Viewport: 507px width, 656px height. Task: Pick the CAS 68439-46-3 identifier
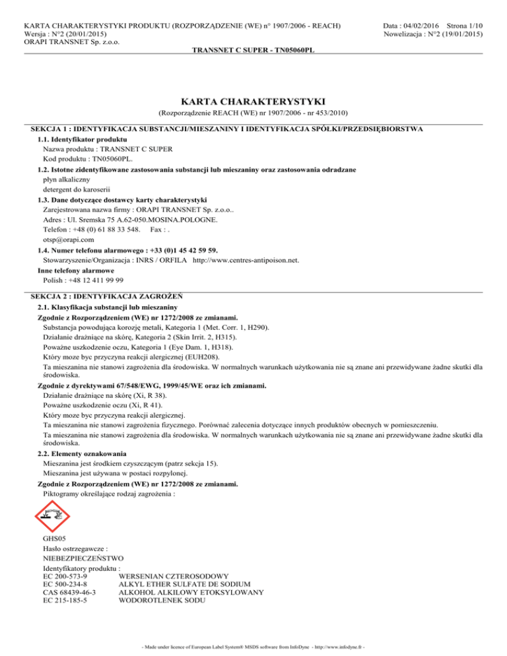[x=69, y=593]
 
